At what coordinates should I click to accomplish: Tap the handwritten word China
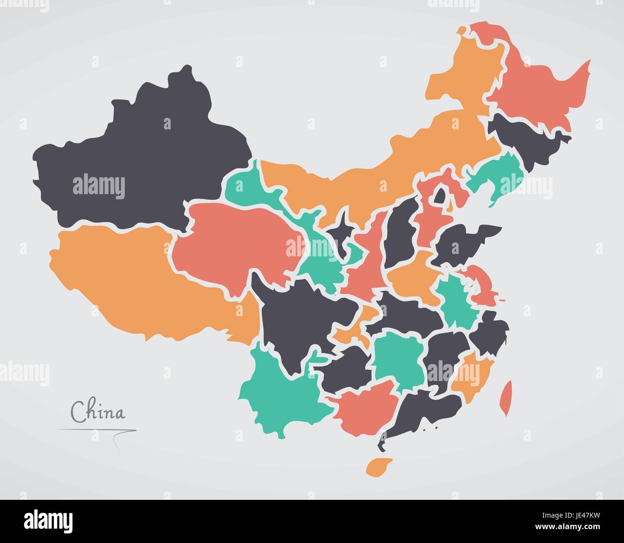tap(97, 412)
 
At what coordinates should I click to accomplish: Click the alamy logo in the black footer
tap(48, 520)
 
